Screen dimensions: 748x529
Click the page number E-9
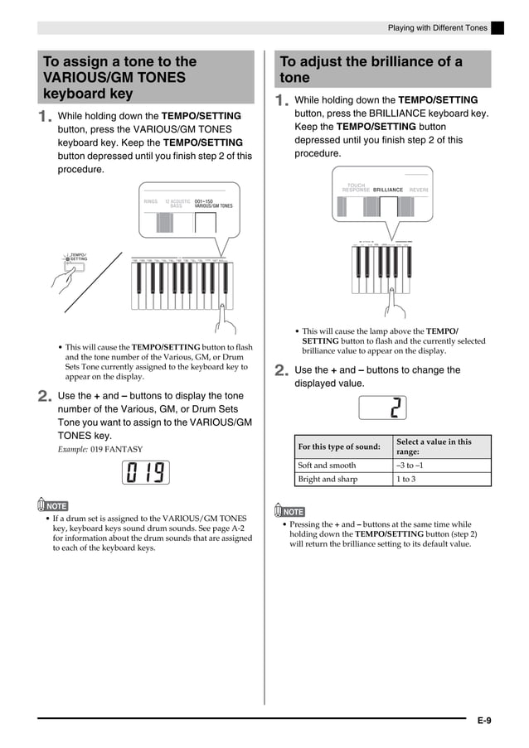pos(484,721)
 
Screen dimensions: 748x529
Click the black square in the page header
pos(497,28)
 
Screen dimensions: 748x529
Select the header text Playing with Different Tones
pos(438,28)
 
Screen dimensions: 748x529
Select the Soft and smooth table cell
pos(343,466)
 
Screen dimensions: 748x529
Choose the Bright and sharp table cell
pos(343,479)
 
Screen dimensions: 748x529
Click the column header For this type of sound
pos(343,447)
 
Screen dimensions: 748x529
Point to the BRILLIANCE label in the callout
pos(388,190)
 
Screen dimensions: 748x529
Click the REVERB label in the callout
pos(420,190)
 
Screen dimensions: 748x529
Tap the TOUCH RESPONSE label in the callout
pos(356,188)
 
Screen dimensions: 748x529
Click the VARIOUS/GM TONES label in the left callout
pos(214,203)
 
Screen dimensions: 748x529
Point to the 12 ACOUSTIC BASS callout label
pos(177,203)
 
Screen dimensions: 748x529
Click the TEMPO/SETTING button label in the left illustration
pos(77,257)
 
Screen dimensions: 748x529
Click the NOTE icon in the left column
pos(53,505)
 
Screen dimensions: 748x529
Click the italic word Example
pos(72,449)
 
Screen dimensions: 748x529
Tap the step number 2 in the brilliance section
pos(280,372)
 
